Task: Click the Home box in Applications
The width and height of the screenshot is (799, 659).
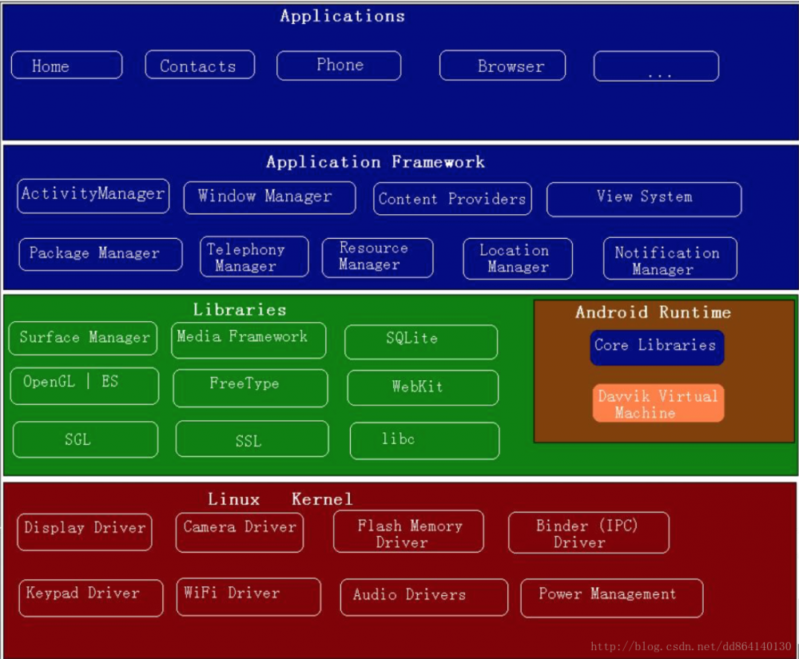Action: click(66, 66)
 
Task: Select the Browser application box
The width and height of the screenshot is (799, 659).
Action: click(503, 66)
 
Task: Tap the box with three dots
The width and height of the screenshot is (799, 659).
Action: click(656, 66)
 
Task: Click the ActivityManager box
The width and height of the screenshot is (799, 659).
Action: click(93, 196)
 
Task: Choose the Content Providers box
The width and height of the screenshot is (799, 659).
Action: click(452, 199)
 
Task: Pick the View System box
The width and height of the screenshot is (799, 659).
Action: click(644, 199)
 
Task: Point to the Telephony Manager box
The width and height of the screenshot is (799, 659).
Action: click(254, 256)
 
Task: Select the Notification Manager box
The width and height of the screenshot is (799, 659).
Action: click(670, 259)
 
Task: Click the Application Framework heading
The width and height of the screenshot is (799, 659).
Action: click(376, 162)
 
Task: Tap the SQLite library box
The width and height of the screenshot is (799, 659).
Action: click(421, 341)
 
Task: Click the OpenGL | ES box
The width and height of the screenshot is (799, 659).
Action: click(85, 386)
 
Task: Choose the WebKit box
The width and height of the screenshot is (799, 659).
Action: click(423, 387)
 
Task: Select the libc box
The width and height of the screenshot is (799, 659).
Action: click(424, 440)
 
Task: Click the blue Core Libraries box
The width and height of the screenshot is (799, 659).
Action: click(657, 347)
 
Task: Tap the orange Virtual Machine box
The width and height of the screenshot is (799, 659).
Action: click(658, 403)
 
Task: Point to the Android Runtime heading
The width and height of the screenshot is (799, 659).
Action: click(654, 312)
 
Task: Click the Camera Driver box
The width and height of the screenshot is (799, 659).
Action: click(240, 532)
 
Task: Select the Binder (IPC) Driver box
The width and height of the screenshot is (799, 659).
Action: click(588, 533)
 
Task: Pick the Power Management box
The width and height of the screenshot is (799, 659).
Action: click(612, 597)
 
